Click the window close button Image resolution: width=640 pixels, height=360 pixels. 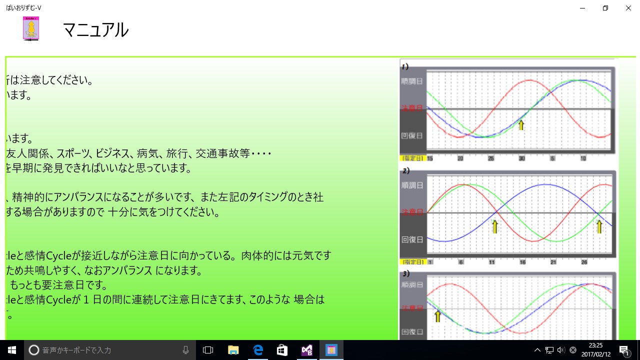(628, 8)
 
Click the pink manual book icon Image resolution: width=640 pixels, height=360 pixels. (31, 28)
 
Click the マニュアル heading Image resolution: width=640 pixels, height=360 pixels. (95, 30)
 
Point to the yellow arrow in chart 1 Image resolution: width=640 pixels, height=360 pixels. (521, 125)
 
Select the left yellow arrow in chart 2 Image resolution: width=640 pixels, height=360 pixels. (495, 226)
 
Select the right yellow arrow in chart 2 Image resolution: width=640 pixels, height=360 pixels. (599, 226)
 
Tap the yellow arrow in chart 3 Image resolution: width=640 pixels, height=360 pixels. (438, 316)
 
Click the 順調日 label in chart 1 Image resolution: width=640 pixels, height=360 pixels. (412, 81)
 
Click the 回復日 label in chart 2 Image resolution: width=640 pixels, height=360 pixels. (412, 239)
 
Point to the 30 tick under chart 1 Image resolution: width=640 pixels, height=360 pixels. (521, 158)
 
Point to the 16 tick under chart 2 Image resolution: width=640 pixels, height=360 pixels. (522, 262)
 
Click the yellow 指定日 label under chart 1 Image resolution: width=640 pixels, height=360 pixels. (413, 158)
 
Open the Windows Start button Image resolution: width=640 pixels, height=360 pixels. (12, 350)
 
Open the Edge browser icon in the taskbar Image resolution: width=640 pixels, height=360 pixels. (258, 350)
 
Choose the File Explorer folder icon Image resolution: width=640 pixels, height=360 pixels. (233, 350)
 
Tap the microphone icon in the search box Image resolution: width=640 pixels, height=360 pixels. (186, 350)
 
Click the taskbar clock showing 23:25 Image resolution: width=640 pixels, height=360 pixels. (595, 350)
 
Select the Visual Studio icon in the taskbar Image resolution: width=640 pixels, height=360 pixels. (306, 350)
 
